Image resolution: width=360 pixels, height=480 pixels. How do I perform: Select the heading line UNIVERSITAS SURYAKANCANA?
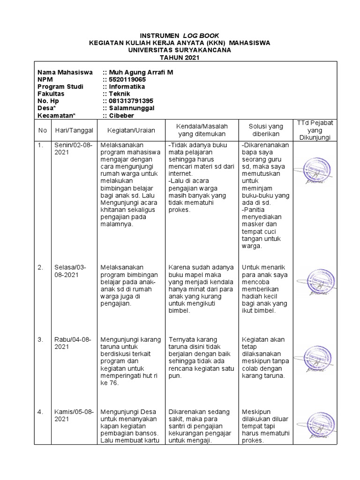180,50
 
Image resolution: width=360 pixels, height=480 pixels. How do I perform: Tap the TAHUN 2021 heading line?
180,58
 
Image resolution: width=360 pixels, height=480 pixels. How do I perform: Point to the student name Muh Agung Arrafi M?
140,72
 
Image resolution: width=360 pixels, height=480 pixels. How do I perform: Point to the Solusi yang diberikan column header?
265,130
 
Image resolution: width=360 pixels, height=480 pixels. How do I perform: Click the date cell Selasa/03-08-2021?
71,271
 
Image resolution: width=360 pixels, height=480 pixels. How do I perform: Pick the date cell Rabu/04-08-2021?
73,343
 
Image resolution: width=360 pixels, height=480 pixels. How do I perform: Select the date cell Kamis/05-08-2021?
74,415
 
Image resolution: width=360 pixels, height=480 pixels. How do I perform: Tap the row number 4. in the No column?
41,412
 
